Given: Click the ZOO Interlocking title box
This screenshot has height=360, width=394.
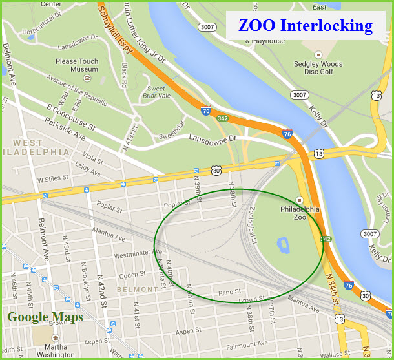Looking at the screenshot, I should coord(305,26).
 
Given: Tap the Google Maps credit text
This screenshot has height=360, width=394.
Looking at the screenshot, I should coord(45,317).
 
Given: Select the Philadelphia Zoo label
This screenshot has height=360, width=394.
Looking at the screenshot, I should coord(300,214).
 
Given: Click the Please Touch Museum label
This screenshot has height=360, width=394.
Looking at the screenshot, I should coord(76,65).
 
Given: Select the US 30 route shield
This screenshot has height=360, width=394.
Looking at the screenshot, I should coord(216,169).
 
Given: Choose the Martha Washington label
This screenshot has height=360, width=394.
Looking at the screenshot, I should coord(56,350).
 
